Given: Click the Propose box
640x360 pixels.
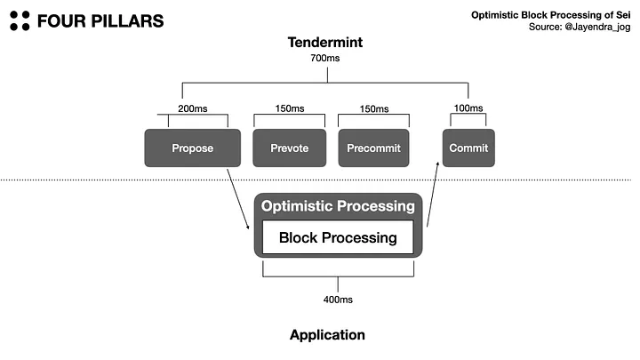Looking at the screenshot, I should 192,148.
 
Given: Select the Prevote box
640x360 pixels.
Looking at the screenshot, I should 286,148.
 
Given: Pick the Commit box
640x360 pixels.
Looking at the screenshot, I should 468,148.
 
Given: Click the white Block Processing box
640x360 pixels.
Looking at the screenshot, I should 338,237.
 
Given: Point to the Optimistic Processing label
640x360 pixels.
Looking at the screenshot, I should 338,206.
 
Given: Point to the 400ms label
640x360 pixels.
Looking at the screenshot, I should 338,300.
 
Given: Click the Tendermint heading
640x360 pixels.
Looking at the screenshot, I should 326,43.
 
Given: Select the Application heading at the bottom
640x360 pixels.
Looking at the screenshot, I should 327,335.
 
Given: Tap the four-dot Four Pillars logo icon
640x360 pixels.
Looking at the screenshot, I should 20,20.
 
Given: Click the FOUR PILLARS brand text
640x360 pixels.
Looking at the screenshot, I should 100,20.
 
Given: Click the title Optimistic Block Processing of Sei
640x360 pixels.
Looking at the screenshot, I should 556,14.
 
